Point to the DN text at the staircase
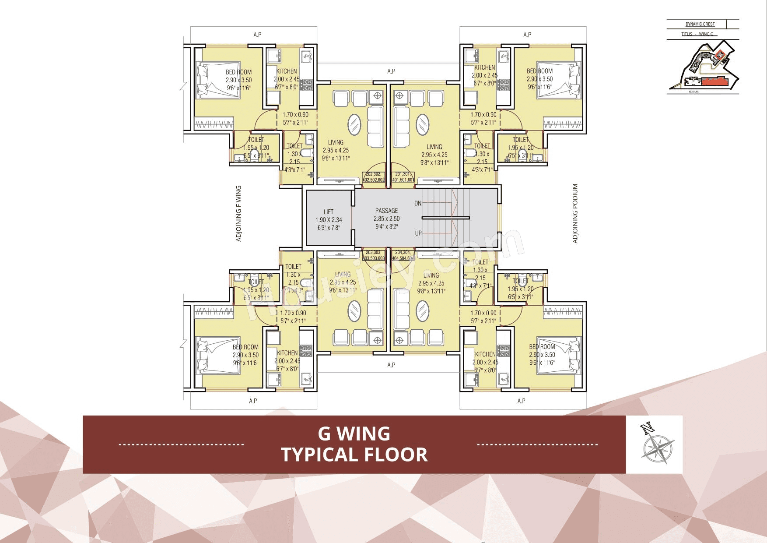(x=418, y=204)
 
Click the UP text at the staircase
(x=418, y=233)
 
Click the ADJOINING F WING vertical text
(x=238, y=214)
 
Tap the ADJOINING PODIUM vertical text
(x=575, y=214)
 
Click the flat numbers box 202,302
(x=374, y=177)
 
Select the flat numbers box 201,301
(x=403, y=177)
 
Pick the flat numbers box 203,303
(x=374, y=255)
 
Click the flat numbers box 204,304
(x=403, y=255)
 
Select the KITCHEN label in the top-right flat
(x=484, y=67)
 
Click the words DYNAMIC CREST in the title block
(x=700, y=24)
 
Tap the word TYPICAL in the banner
(x=324, y=455)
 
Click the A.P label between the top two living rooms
(x=391, y=71)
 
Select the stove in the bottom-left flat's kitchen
(x=306, y=350)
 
